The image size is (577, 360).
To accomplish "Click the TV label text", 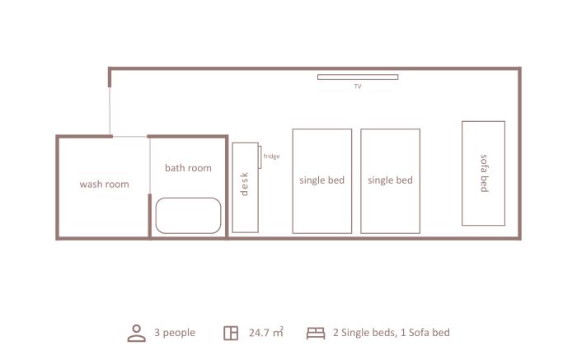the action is (358, 86).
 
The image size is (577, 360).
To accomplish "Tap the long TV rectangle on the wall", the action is (358, 77).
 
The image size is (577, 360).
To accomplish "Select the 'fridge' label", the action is (271, 157).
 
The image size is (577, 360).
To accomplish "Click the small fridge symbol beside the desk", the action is (260, 157).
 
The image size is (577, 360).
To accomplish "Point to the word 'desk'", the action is (244, 185).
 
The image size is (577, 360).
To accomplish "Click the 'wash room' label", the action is (104, 185).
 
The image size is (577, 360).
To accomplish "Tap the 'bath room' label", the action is (188, 168).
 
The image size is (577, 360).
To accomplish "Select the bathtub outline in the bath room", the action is (188, 199).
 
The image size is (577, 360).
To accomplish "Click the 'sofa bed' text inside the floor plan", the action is (485, 173).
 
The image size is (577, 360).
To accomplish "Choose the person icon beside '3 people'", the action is (137, 333).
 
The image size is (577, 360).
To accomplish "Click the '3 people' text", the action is (175, 333).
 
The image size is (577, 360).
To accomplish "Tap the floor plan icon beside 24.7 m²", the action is (231, 333).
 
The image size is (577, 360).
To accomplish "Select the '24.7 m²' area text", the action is (266, 333).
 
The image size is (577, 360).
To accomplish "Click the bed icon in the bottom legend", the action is (316, 334).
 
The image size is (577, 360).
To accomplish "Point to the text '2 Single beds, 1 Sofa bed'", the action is (392, 333).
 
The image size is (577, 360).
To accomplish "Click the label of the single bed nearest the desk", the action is (322, 180).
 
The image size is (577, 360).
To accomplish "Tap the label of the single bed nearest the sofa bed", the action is (390, 180).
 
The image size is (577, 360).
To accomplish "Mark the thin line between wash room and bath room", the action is (150, 166).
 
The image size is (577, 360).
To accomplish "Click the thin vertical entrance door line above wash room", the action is (110, 111).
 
